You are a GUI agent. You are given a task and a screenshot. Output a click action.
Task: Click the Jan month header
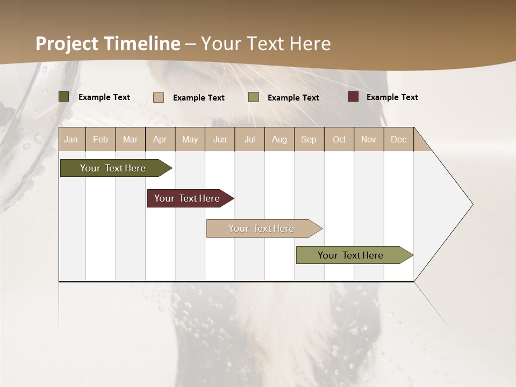[x=71, y=139]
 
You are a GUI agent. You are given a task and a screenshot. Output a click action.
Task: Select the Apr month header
[x=160, y=139]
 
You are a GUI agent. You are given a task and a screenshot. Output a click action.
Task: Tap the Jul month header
[x=250, y=139]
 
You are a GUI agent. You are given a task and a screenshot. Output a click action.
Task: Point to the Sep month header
[x=309, y=139]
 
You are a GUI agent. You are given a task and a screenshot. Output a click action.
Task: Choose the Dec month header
[x=399, y=139]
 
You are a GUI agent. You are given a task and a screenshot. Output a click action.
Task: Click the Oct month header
[x=339, y=139]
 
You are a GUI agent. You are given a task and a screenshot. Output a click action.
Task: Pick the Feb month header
[x=101, y=139]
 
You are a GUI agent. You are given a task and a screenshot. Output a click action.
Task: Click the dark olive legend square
[x=64, y=97]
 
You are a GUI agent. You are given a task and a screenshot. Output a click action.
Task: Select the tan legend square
[x=159, y=97]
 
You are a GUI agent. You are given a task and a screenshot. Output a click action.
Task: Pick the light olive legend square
[x=254, y=97]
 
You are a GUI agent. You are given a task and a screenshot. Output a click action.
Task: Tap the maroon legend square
[x=353, y=97]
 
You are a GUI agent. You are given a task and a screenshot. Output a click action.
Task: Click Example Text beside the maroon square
[x=392, y=97]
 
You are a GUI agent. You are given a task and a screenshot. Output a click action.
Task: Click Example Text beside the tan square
[x=199, y=98]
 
